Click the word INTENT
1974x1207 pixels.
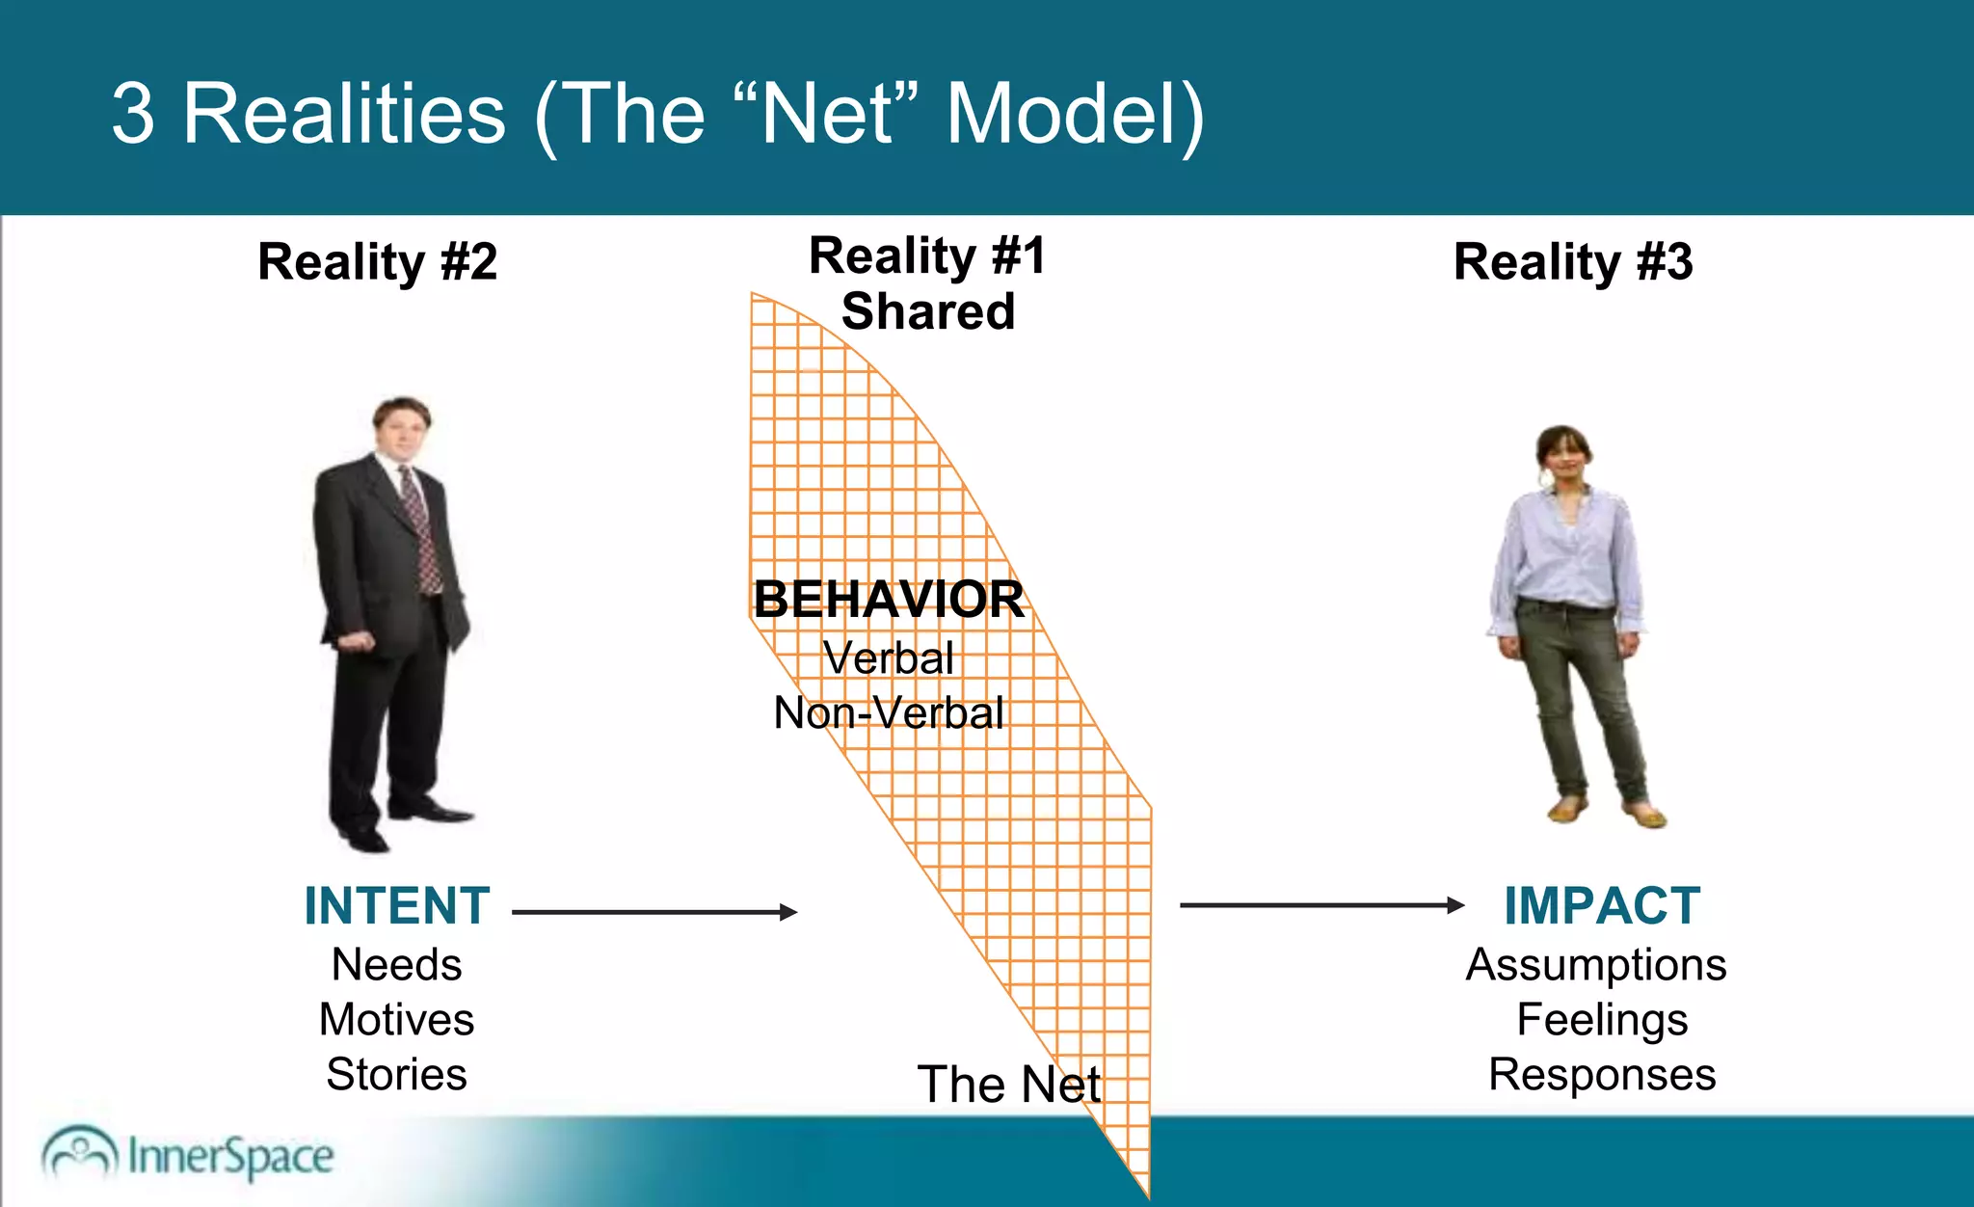(397, 906)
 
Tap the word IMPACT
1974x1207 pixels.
(1602, 906)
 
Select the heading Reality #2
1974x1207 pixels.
(377, 262)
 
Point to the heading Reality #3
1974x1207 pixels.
(1572, 262)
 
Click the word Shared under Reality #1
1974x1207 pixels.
(927, 312)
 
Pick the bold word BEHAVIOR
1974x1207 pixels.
(889, 600)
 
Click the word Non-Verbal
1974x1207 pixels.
(889, 713)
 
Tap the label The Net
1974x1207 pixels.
(1008, 1085)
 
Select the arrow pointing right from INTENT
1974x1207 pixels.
(655, 912)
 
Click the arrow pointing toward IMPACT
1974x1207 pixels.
(1321, 905)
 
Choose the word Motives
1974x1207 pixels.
(397, 1020)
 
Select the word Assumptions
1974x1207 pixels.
(1596, 965)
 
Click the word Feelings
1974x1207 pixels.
(1602, 1020)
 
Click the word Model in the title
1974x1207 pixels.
(1075, 114)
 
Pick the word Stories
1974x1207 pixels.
(397, 1075)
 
